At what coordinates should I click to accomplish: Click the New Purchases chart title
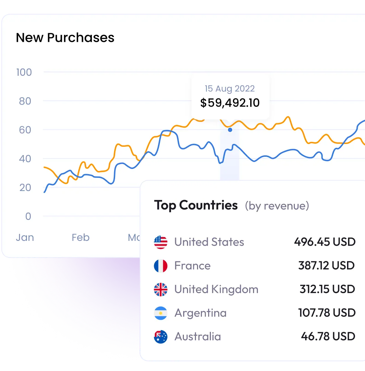65,38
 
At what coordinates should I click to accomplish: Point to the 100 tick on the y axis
24,72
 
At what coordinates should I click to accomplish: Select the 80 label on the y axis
24,101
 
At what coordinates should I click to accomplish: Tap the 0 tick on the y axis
28,216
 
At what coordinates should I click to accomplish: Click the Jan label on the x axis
25,237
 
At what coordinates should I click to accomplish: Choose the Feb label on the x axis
81,237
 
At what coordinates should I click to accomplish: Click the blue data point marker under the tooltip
230,130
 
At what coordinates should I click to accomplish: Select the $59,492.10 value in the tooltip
230,103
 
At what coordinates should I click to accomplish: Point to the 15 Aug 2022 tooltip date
230,89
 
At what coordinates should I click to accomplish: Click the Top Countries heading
196,205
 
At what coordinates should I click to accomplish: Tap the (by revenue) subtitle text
277,206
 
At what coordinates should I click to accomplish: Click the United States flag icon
161,242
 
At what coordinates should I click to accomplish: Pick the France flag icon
161,266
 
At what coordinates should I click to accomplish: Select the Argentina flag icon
161,313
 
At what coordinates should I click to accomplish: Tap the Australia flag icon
161,336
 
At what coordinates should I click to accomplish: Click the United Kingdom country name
216,289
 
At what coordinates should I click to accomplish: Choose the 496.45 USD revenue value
325,242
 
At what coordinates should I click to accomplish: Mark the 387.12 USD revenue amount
326,265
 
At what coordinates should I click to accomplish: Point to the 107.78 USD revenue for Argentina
327,313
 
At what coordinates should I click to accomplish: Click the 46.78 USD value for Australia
328,336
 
